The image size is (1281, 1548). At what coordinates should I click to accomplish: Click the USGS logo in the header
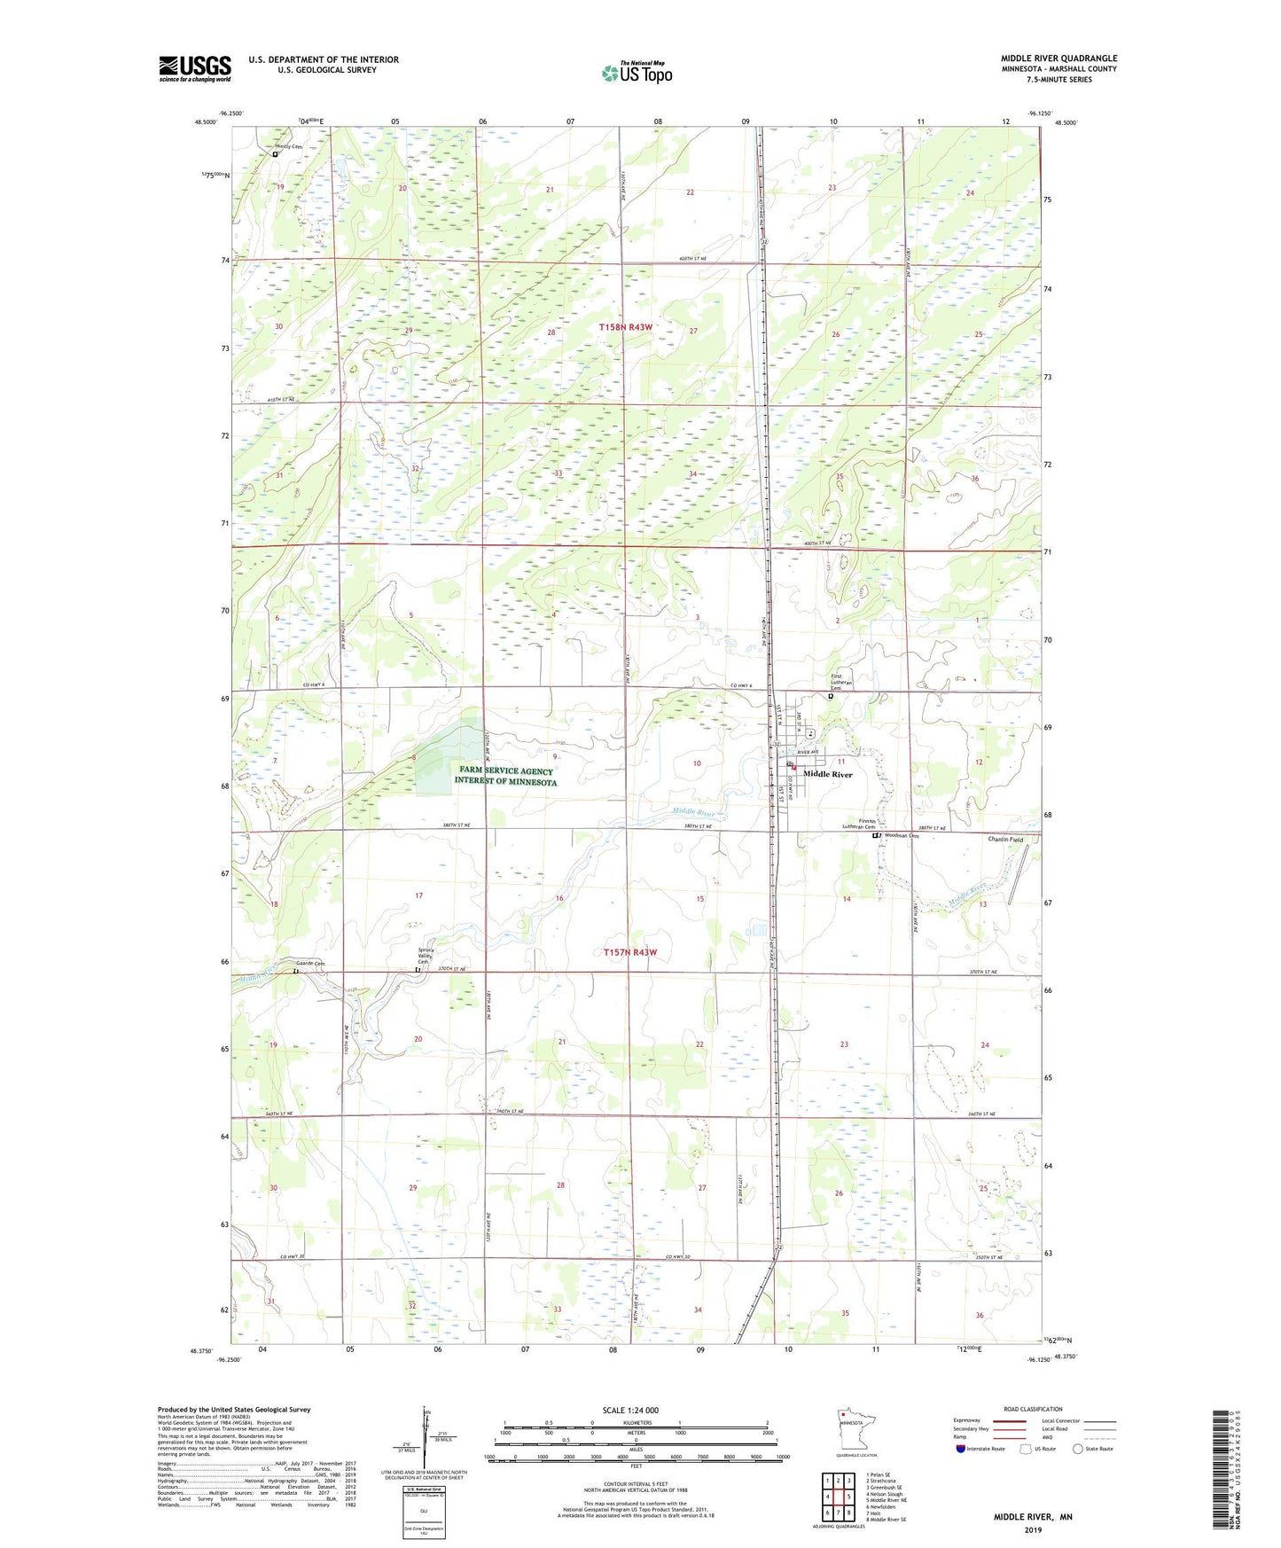[194, 68]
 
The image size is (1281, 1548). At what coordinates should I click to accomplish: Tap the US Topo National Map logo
[636, 73]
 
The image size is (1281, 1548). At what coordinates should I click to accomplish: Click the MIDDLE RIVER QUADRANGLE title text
[1058, 59]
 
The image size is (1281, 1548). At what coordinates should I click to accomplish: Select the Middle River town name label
[827, 774]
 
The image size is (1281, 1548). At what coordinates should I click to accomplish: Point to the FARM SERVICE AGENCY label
[504, 771]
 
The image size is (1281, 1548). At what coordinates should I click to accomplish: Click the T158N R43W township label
[625, 327]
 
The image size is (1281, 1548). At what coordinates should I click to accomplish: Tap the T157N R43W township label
[630, 952]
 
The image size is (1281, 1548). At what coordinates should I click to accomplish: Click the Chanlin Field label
[1005, 839]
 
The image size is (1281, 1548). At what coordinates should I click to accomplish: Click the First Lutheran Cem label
[841, 681]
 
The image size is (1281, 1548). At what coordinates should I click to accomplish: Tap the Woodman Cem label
[900, 835]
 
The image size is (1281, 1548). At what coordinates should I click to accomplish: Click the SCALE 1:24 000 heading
[630, 1410]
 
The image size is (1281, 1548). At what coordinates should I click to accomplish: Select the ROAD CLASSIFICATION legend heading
[1033, 1409]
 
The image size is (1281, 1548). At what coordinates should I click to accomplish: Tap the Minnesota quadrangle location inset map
[855, 1433]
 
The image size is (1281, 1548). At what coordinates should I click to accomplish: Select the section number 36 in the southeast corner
[979, 1315]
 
